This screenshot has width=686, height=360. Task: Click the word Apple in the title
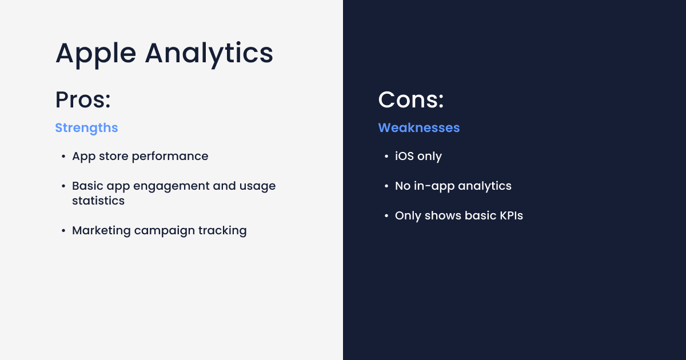tap(95, 53)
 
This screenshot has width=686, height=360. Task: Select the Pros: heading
tap(83, 100)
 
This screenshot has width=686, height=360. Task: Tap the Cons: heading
tap(411, 100)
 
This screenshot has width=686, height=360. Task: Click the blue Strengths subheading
tap(86, 127)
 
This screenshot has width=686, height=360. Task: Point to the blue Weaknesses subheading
tap(419, 127)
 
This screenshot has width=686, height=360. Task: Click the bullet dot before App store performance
tap(63, 157)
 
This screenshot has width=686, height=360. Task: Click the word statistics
tap(98, 201)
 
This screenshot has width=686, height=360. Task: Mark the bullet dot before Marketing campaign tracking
tap(63, 231)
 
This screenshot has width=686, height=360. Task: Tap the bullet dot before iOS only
tap(386, 157)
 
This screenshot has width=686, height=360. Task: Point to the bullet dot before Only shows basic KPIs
tap(386, 216)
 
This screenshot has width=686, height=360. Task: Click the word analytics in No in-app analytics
tap(485, 186)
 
